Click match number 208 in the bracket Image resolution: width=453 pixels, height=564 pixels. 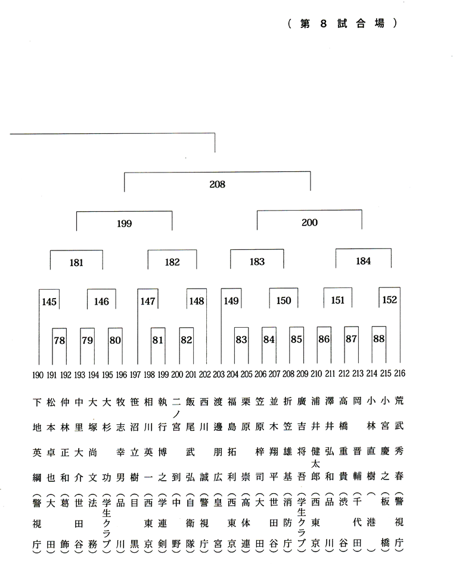(218, 184)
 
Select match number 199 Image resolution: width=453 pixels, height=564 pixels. (125, 224)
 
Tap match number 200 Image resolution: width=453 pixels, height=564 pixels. (309, 223)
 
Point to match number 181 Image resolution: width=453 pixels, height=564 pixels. (76, 263)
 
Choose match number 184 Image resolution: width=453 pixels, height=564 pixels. (363, 261)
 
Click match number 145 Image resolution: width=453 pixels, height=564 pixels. (49, 302)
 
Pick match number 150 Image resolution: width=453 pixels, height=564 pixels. (284, 300)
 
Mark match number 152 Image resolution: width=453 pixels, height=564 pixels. (390, 300)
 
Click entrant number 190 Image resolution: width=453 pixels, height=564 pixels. (38, 375)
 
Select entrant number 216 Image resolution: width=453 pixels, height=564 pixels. (400, 374)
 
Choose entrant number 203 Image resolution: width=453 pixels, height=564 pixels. (219, 374)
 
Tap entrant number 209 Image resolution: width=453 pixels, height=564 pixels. (302, 374)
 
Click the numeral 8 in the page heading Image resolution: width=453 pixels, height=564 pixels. (323, 24)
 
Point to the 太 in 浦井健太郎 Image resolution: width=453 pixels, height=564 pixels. (316, 464)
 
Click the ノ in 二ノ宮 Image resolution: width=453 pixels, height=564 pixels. (176, 414)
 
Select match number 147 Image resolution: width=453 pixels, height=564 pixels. (148, 302)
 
